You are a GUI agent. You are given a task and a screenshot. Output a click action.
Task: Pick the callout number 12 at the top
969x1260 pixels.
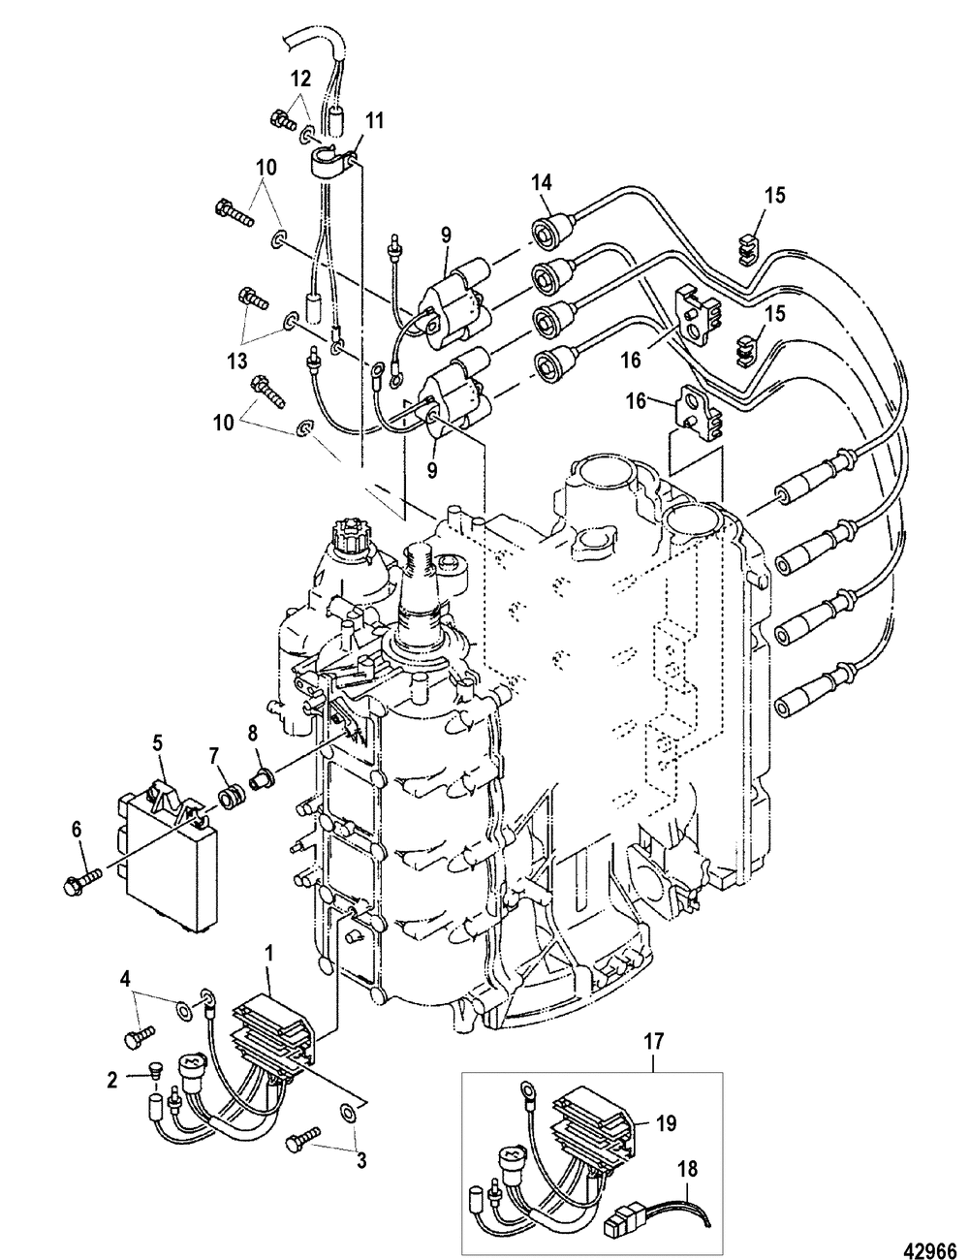point(300,78)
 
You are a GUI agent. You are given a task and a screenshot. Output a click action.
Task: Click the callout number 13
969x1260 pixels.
point(237,362)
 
